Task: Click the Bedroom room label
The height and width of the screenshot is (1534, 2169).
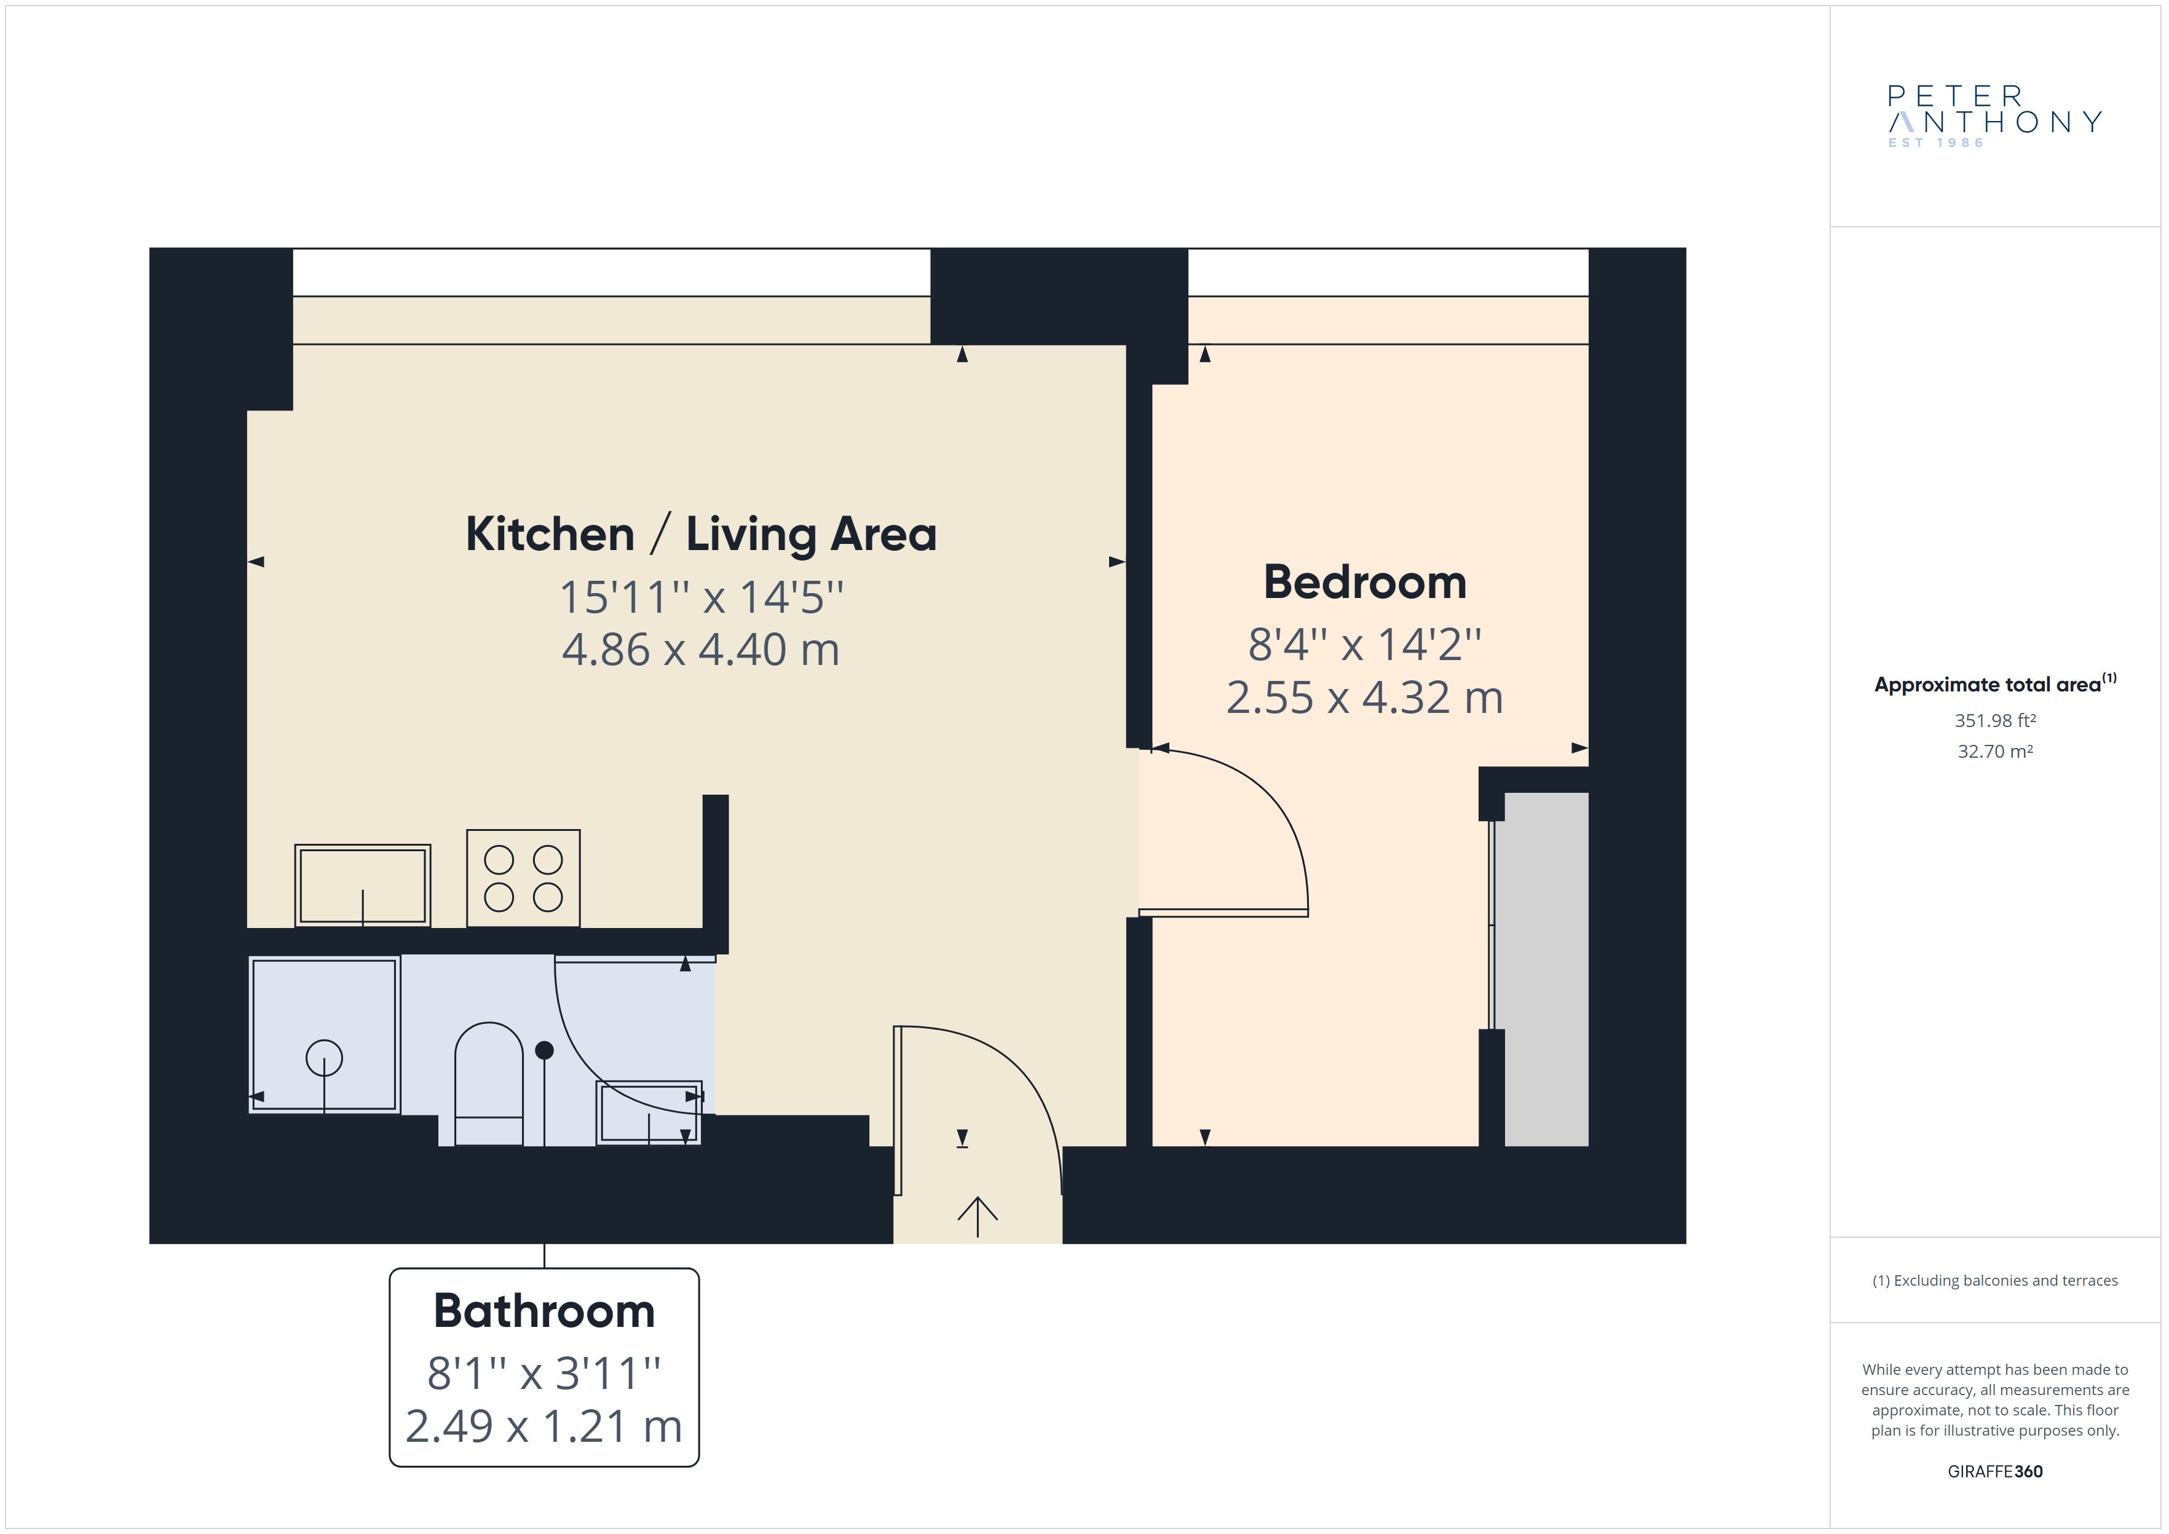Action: (1365, 582)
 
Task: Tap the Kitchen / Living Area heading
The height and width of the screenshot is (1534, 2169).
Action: (701, 535)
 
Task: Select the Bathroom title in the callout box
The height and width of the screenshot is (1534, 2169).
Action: (544, 1311)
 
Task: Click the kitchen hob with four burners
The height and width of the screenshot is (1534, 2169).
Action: (523, 878)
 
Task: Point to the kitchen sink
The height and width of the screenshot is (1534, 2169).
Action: (363, 885)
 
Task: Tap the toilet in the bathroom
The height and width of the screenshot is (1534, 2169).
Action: (489, 1084)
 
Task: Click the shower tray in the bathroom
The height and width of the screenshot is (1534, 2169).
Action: (324, 1034)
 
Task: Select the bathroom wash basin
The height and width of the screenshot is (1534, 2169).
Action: (649, 1113)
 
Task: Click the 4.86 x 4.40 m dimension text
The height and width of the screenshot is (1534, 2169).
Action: (701, 650)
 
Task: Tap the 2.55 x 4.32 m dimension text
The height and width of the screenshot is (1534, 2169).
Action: (1365, 698)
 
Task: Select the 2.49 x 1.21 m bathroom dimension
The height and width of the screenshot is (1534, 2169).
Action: (544, 1426)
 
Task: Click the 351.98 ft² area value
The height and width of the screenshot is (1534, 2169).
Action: (1995, 721)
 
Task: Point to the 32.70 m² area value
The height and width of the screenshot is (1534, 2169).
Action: (1995, 752)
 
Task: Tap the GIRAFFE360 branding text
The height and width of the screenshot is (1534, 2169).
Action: (1995, 1472)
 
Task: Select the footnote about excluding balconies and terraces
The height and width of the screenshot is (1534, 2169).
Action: (1995, 1281)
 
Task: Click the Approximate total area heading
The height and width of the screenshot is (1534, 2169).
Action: (1995, 684)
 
